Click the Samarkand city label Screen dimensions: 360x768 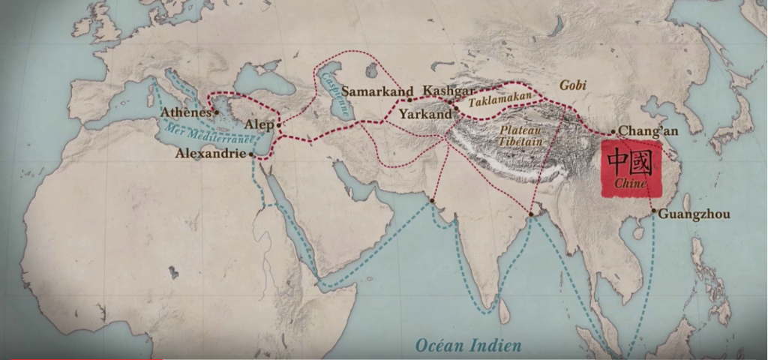(x=378, y=91)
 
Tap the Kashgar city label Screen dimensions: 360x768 (x=448, y=91)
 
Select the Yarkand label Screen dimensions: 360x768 (x=425, y=115)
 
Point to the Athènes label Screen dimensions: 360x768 (x=186, y=112)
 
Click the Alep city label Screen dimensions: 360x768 (x=259, y=124)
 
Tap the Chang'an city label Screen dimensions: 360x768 (x=649, y=131)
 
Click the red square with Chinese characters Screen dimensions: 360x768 (x=628, y=170)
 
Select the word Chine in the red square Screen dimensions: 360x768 (x=628, y=184)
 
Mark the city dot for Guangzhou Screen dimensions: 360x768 (x=654, y=211)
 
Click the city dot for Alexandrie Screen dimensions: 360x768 (x=251, y=154)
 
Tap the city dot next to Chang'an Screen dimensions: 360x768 (x=613, y=132)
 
